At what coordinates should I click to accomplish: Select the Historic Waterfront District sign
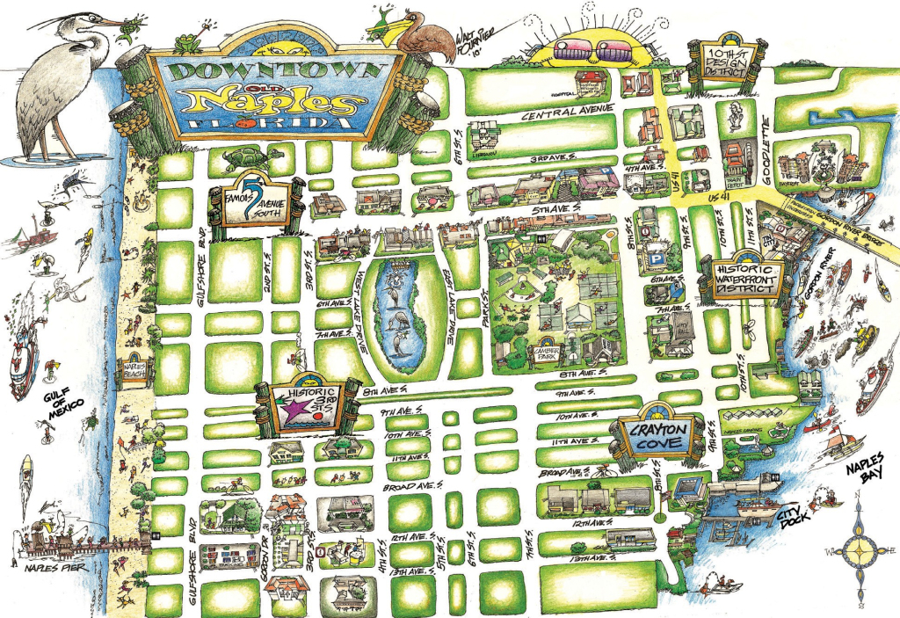745,279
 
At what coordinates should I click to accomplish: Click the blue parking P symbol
655,260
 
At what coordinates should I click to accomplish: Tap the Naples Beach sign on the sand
132,373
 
